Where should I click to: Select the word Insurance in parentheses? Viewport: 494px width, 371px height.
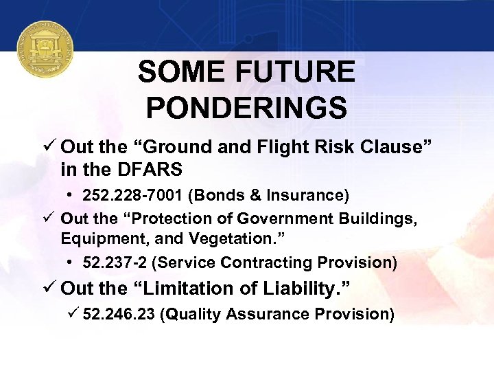point(311,196)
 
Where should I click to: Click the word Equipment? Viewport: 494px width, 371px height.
point(97,240)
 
